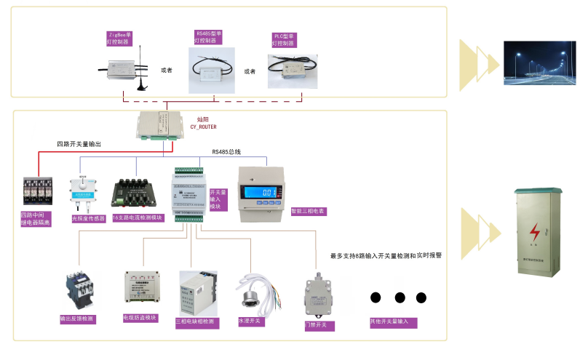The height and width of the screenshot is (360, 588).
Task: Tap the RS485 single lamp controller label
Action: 210,37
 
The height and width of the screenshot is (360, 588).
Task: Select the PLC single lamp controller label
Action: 283,39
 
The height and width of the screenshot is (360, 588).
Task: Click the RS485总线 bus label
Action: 226,152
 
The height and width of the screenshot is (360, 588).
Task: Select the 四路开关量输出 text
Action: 79,144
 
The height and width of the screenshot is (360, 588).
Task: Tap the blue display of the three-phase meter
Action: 263,191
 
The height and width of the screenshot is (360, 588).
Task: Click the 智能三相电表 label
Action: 307,211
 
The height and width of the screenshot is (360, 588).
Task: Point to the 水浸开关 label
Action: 250,320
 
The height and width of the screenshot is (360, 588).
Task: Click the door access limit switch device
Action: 317,295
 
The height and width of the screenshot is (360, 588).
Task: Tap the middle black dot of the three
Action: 399,297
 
